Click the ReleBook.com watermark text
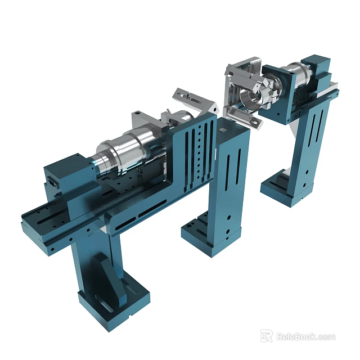pos(306,336)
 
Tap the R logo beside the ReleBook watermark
pos(266,336)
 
